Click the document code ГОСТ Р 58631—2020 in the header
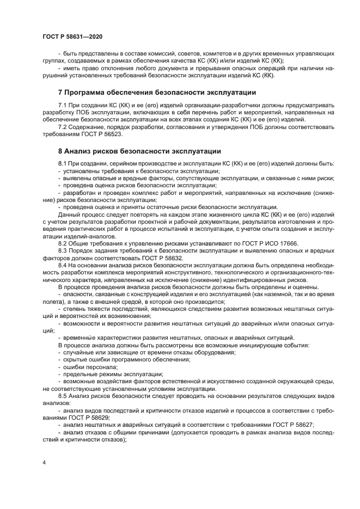click(72, 35)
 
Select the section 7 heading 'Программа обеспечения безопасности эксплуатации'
click(157, 92)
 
